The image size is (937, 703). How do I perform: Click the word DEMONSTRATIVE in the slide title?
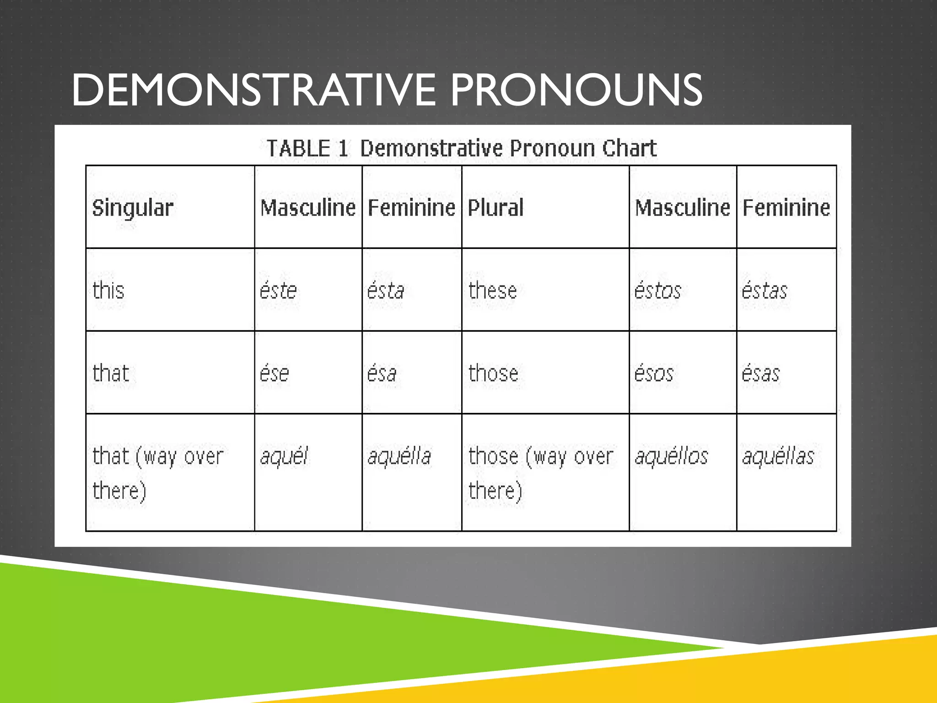click(254, 90)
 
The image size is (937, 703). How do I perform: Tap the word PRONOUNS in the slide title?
click(576, 90)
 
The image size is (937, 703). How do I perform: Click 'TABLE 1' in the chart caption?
click(307, 148)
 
